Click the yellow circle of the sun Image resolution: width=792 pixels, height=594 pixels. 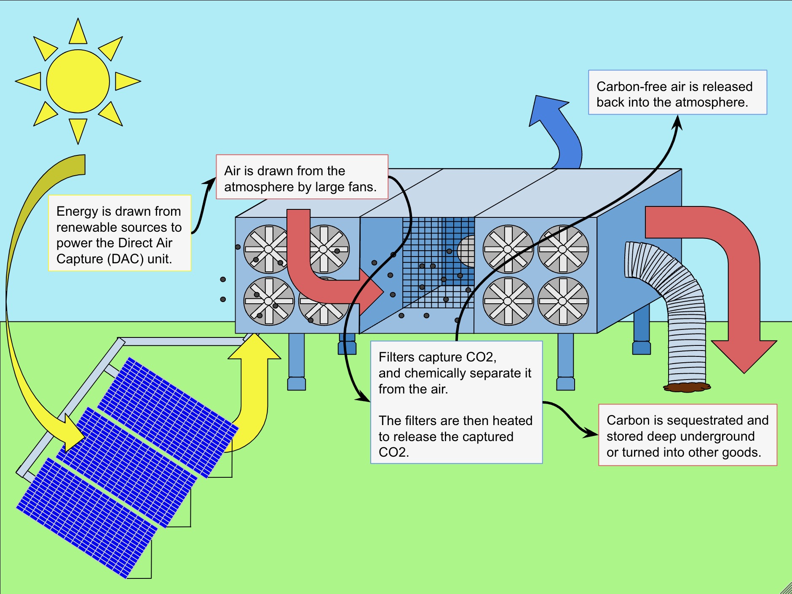pyautogui.click(x=78, y=81)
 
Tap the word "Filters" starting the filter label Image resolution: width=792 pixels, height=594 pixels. pyautogui.click(x=396, y=357)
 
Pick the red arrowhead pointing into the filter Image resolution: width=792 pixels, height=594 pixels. pyautogui.click(x=371, y=291)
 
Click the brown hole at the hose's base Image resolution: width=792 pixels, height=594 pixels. pyautogui.click(x=687, y=387)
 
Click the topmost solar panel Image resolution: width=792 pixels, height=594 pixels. pyautogui.click(x=169, y=417)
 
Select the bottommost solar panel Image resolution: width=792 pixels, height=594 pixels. pyautogui.click(x=86, y=518)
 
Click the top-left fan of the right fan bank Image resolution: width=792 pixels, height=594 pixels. pyautogui.click(x=508, y=249)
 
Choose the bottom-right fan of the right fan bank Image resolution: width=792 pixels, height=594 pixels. pyautogui.click(x=563, y=301)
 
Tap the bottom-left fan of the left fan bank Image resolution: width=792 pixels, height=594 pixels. pyautogui.click(x=269, y=301)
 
